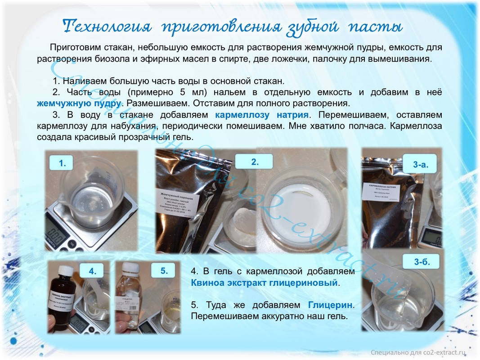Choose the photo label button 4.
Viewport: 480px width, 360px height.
click(92, 271)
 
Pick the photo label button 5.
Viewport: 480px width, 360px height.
click(164, 270)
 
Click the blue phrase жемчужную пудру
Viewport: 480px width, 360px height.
click(79, 103)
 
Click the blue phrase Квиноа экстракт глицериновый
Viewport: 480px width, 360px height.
click(264, 283)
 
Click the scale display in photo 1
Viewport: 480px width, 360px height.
click(58, 235)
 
